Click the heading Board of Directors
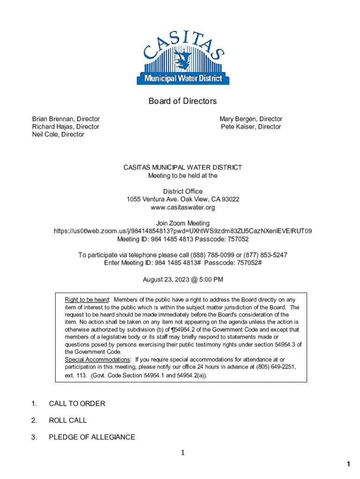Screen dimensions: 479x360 coord(183,101)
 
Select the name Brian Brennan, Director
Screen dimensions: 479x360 coord(65,119)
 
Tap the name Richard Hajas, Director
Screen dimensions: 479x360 coord(65,127)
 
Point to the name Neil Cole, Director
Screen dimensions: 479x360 coord(58,134)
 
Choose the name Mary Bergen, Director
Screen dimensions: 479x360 coord(251,119)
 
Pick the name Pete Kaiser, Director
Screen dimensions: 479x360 coord(251,127)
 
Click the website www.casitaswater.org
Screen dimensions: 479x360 coord(183,207)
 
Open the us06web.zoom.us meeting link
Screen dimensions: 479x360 coord(183,231)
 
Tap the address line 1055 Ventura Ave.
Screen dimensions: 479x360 coord(183,199)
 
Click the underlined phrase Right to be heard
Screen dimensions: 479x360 coord(87,299)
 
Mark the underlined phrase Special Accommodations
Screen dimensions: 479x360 coord(98,359)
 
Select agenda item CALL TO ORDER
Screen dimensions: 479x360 coord(77,404)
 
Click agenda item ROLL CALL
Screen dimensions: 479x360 coord(68,421)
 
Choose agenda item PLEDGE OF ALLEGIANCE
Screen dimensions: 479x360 coord(92,437)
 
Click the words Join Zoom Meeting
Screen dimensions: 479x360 coord(183,223)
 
